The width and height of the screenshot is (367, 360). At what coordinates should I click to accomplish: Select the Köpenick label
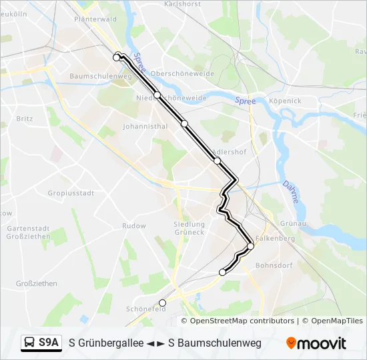(285, 101)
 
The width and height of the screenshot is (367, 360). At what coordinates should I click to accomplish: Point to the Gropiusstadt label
(70, 193)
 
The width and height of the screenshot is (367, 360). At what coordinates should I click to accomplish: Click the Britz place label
(24, 118)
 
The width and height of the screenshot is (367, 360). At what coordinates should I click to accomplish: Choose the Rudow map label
(134, 226)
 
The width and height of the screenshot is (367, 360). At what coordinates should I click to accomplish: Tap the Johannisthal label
(145, 125)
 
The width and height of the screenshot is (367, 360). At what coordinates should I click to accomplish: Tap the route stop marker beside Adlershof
(217, 161)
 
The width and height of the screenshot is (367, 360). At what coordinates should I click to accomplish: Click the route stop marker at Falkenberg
(250, 247)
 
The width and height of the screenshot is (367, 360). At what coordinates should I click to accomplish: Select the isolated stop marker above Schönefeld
(162, 303)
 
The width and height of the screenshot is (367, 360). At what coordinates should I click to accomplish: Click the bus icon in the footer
(29, 343)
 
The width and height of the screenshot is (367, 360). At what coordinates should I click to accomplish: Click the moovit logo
(316, 343)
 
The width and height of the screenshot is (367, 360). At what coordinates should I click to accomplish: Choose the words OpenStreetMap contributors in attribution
(242, 321)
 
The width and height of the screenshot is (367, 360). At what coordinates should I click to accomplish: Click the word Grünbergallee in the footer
(111, 343)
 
